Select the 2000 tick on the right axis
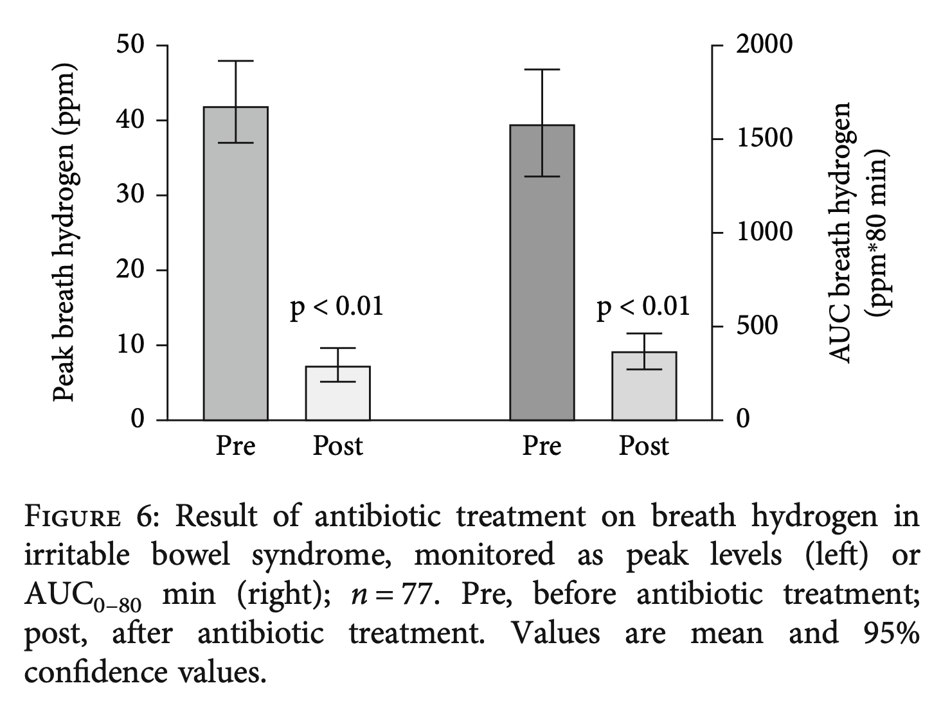[764, 45]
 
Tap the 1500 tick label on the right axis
[764, 139]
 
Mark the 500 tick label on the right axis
[757, 326]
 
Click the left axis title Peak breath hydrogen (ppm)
[64, 233]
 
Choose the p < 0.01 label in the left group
[337, 306]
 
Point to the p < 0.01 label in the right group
[643, 306]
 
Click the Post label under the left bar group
[337, 446]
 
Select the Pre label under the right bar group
[542, 446]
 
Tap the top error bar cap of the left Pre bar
[235, 60]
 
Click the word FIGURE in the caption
[71, 517]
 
